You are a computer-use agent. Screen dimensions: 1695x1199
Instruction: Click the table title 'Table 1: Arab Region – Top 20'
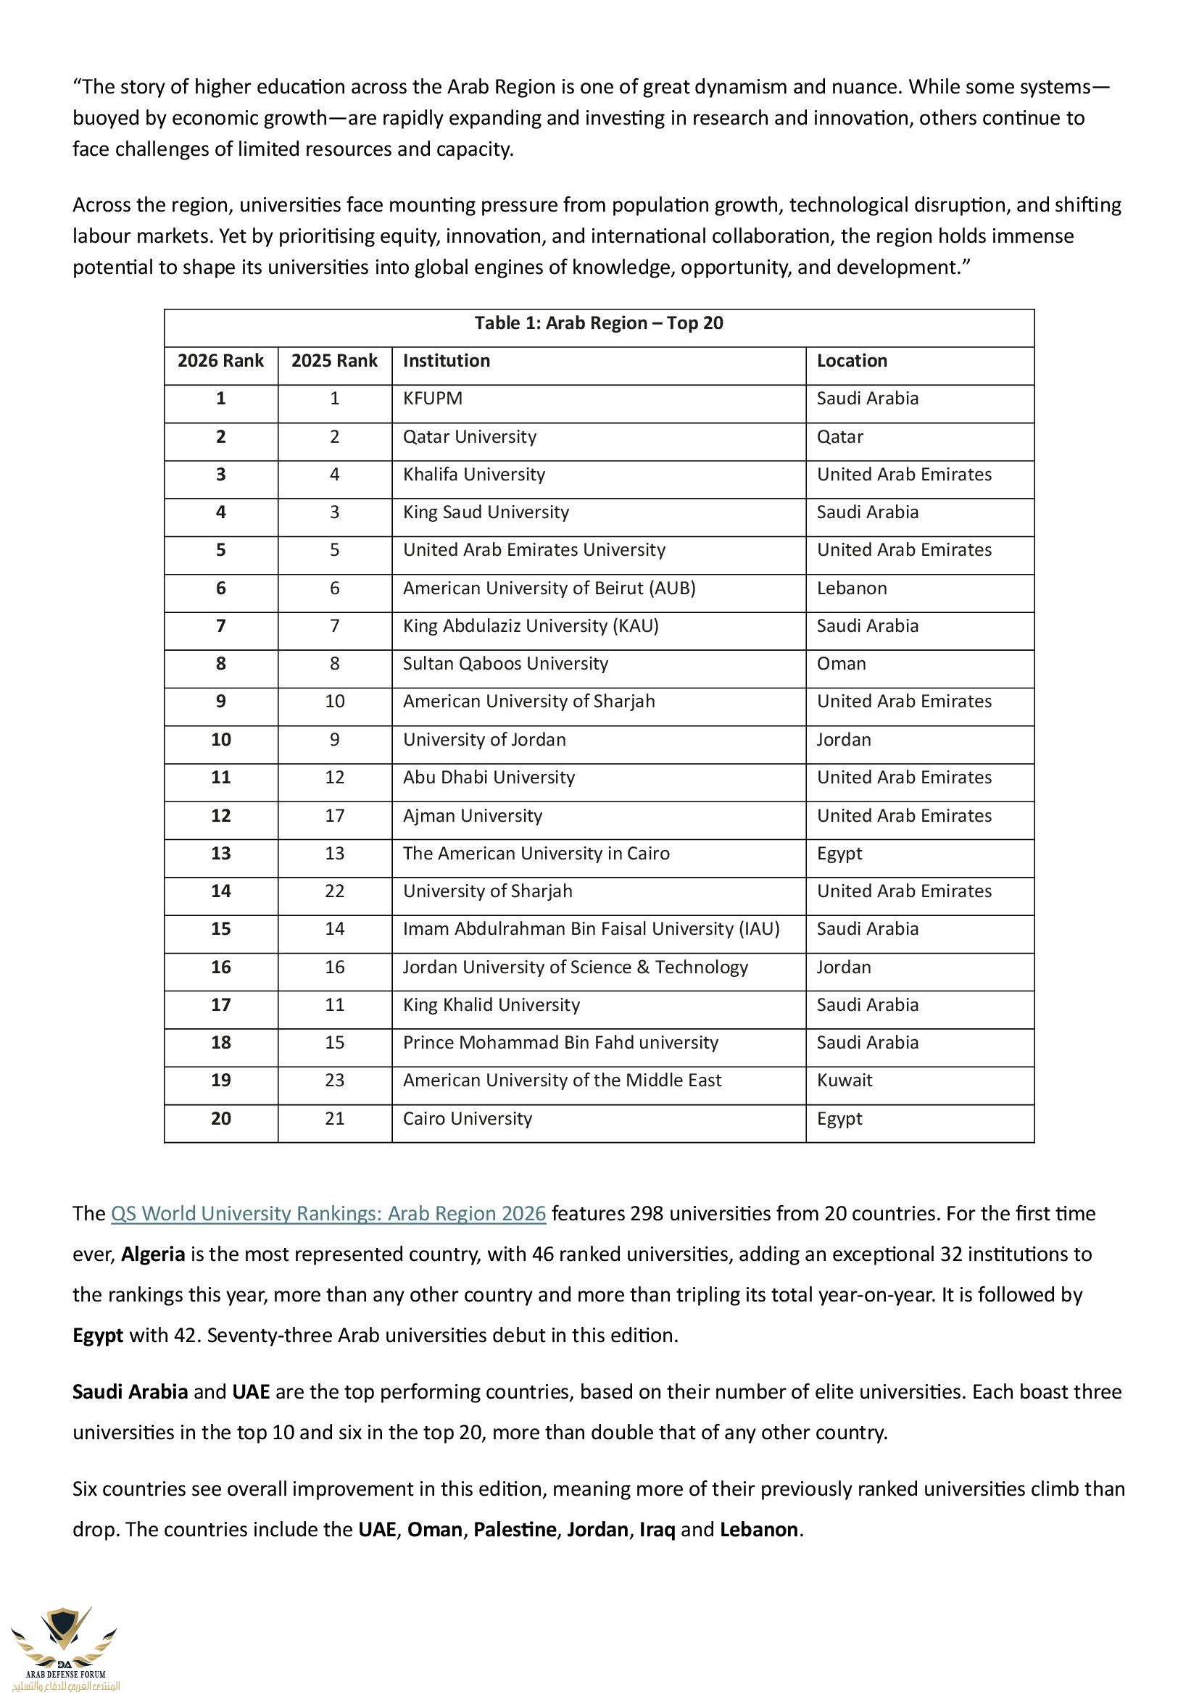tap(598, 323)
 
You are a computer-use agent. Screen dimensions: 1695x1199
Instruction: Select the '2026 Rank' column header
tap(220, 361)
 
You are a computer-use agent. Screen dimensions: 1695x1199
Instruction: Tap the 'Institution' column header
tap(446, 361)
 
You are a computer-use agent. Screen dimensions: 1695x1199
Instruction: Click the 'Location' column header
tap(851, 361)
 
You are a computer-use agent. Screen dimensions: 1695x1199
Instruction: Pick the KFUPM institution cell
tap(432, 399)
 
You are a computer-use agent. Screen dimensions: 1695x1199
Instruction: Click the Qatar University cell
tap(469, 437)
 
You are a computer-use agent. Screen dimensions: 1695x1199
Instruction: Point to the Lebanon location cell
tap(851, 588)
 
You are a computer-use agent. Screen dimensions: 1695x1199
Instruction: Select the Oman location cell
tap(841, 664)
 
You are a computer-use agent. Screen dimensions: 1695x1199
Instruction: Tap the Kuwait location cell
tap(844, 1080)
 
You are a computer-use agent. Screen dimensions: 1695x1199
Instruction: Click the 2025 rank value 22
tap(334, 892)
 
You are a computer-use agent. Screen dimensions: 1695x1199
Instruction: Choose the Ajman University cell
tap(472, 816)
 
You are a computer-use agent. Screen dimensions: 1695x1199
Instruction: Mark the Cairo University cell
tap(467, 1119)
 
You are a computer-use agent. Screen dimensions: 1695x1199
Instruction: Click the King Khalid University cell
tap(491, 1006)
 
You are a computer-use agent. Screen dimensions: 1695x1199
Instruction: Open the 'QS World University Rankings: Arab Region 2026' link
tap(328, 1215)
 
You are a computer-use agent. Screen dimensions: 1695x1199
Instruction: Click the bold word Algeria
tap(153, 1255)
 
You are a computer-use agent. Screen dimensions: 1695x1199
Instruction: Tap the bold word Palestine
tap(515, 1530)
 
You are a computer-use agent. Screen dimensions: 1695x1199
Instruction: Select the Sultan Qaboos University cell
tap(505, 664)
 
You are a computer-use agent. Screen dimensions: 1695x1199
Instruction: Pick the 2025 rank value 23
tap(334, 1080)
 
